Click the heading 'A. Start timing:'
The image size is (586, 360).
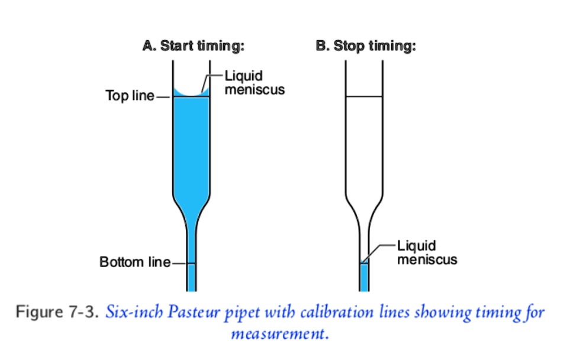pos(193,47)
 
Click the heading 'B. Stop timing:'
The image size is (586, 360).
pos(365,47)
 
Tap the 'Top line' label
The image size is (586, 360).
pos(130,95)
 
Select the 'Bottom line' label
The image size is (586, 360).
pos(134,262)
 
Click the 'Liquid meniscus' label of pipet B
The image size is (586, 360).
pos(427,252)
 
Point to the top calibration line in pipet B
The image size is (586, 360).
pos(364,97)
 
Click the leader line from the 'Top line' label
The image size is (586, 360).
pos(163,97)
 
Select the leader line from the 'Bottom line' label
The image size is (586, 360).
pos(179,262)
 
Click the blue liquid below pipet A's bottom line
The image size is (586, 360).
pos(191,277)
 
